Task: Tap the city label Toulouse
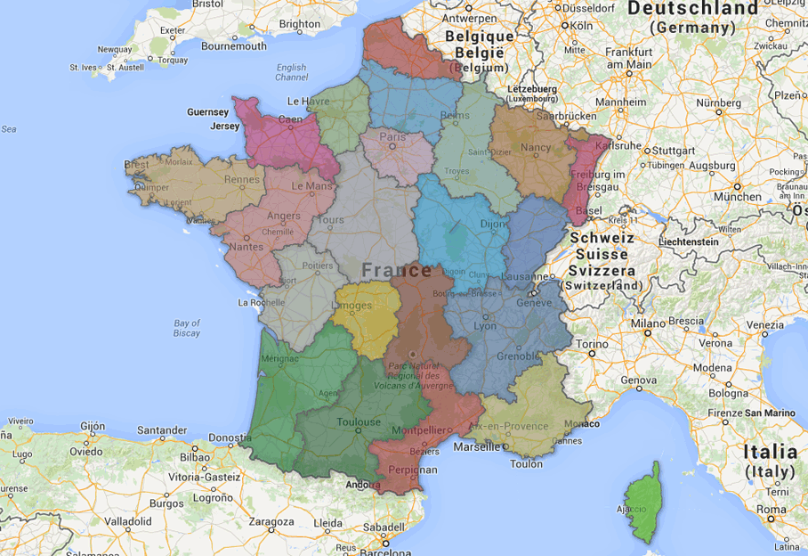click(360, 422)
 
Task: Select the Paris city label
click(392, 137)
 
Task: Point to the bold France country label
click(397, 270)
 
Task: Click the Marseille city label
click(476, 446)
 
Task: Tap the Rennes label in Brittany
click(241, 179)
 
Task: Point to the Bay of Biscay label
click(187, 328)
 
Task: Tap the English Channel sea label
click(291, 72)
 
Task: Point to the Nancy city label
click(536, 147)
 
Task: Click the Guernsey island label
click(209, 112)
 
